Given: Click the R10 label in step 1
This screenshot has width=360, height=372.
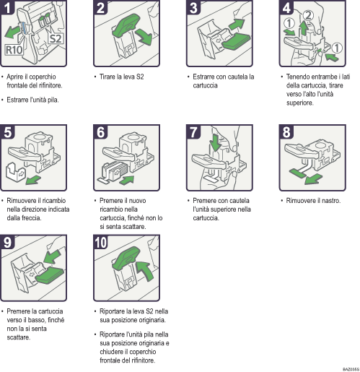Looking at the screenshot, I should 14,51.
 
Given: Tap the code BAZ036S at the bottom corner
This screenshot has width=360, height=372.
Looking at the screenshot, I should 350,368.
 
